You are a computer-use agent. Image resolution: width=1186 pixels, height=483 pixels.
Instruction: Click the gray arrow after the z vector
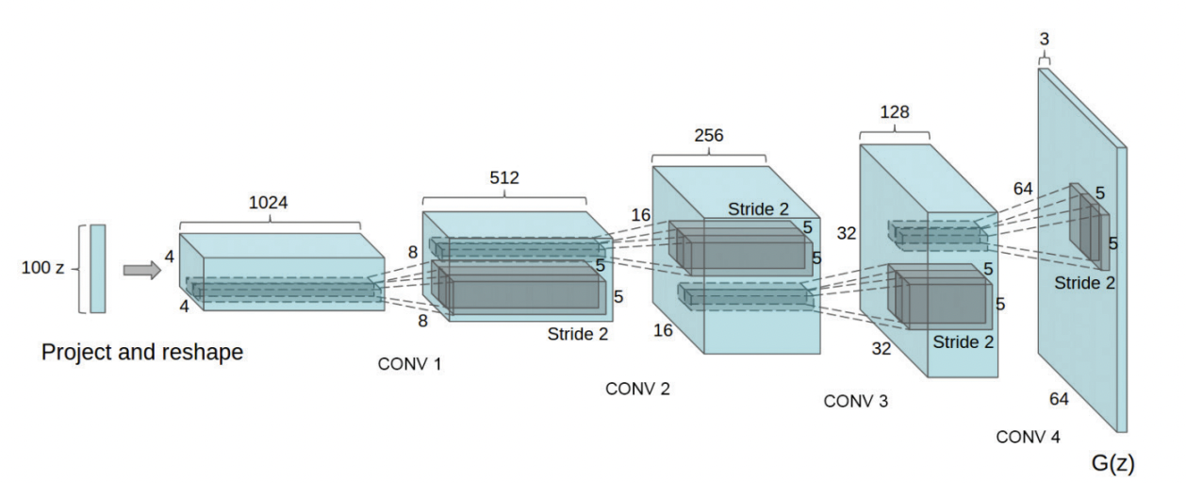(142, 271)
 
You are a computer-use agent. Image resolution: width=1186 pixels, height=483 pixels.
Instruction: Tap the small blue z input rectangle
(98, 268)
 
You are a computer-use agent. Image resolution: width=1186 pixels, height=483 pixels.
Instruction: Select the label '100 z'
(42, 268)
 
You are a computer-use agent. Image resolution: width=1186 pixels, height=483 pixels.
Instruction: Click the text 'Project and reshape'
(142, 353)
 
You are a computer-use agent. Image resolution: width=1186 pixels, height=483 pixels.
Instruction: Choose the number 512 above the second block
(503, 177)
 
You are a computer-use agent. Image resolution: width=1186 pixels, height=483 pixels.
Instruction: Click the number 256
(708, 136)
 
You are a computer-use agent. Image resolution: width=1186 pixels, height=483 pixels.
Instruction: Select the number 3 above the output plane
(1044, 39)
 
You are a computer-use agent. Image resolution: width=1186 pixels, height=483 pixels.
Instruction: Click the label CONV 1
(409, 364)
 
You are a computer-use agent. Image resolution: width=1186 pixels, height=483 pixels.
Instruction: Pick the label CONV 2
(637, 389)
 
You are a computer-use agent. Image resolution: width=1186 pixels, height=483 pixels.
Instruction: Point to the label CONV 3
(855, 401)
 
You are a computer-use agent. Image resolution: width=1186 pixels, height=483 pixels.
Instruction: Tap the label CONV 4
(1028, 438)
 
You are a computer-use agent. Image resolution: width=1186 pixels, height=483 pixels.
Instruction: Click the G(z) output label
(1112, 464)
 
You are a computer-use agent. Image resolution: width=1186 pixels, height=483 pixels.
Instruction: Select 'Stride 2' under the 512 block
(578, 333)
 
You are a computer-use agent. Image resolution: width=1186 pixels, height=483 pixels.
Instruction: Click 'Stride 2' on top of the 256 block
(759, 208)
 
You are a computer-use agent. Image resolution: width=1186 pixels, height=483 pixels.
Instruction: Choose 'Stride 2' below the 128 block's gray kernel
(963, 341)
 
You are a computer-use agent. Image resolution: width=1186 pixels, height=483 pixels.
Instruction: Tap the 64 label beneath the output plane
(1059, 399)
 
